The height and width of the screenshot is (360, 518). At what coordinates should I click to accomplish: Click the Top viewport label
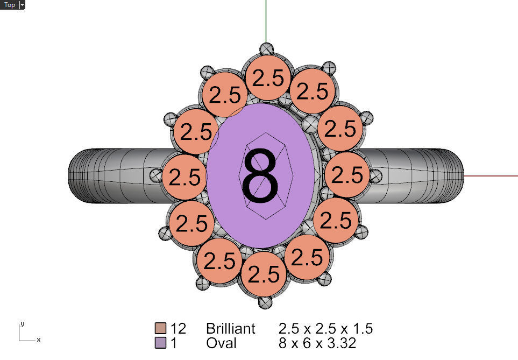(9, 5)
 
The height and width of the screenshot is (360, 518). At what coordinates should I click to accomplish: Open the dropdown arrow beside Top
(22, 5)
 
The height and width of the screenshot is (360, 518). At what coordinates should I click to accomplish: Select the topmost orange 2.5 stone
(268, 78)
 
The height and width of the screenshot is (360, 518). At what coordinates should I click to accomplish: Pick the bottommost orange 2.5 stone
(263, 274)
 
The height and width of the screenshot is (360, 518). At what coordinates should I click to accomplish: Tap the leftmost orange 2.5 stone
(185, 177)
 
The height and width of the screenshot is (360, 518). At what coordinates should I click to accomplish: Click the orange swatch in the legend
(160, 328)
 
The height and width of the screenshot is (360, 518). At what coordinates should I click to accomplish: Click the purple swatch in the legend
(160, 343)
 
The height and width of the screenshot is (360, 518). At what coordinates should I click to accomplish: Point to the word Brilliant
(231, 328)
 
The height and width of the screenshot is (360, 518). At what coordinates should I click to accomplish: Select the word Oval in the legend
(221, 343)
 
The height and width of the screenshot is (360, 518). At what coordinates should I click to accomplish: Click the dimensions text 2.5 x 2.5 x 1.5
(325, 328)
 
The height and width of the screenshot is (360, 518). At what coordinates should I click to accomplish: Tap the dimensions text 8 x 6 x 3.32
(317, 343)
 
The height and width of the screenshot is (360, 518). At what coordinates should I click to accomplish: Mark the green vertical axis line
(266, 22)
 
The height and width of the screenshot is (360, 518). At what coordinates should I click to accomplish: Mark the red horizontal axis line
(489, 175)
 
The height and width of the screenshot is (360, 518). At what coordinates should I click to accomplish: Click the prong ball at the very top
(266, 49)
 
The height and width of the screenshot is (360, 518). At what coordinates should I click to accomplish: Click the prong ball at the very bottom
(265, 302)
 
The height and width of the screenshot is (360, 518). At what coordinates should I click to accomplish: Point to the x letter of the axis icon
(38, 340)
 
